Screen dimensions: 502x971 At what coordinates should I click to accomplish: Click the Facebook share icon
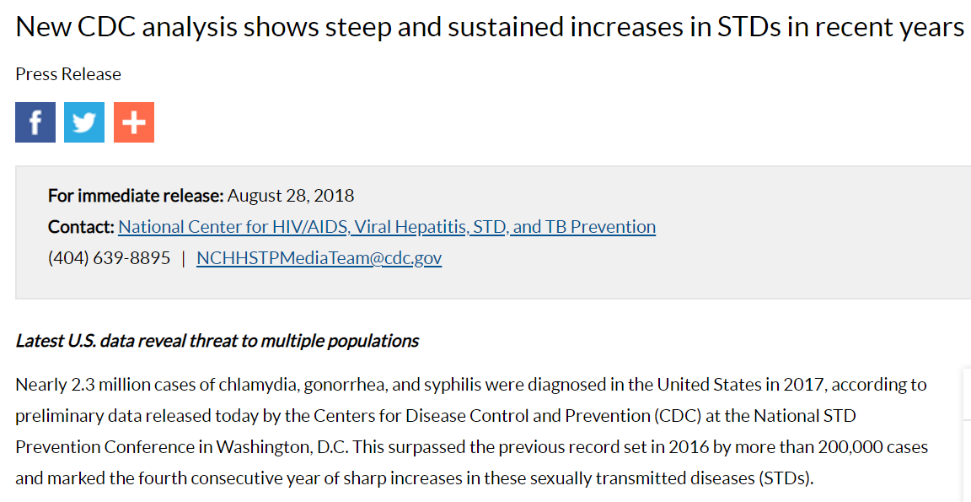35,122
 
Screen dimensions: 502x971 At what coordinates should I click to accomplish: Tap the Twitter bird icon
84,122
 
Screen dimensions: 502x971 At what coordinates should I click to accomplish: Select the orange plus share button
134,122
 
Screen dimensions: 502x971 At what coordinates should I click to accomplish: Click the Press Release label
68,74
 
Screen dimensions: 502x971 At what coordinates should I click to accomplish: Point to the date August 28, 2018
291,196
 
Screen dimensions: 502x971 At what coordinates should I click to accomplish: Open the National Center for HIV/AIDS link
387,227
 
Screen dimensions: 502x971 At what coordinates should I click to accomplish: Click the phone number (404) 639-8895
110,258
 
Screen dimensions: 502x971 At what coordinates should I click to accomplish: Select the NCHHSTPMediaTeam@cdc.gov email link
319,258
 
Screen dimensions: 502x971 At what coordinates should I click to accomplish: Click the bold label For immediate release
136,196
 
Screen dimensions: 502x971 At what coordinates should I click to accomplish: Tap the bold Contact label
81,227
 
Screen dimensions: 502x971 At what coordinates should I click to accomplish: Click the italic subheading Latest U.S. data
217,342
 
